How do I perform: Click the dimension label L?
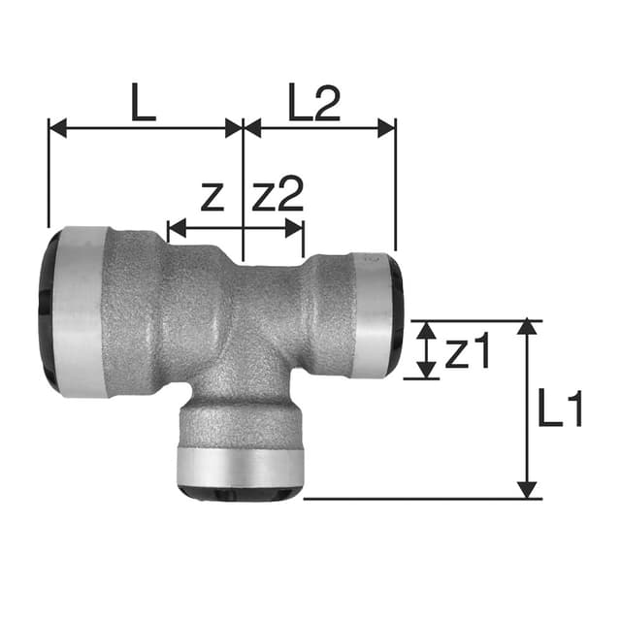tap(144, 103)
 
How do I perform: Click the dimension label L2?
tap(314, 103)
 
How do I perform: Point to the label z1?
tap(469, 354)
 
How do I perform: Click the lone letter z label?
tap(212, 198)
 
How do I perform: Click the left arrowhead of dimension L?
tap(56, 127)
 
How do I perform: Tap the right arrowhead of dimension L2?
tap(387, 127)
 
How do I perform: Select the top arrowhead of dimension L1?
tap(527, 327)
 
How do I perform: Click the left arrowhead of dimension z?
tap(176, 230)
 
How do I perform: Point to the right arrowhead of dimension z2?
tap(295, 230)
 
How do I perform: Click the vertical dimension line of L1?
tap(527, 408)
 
